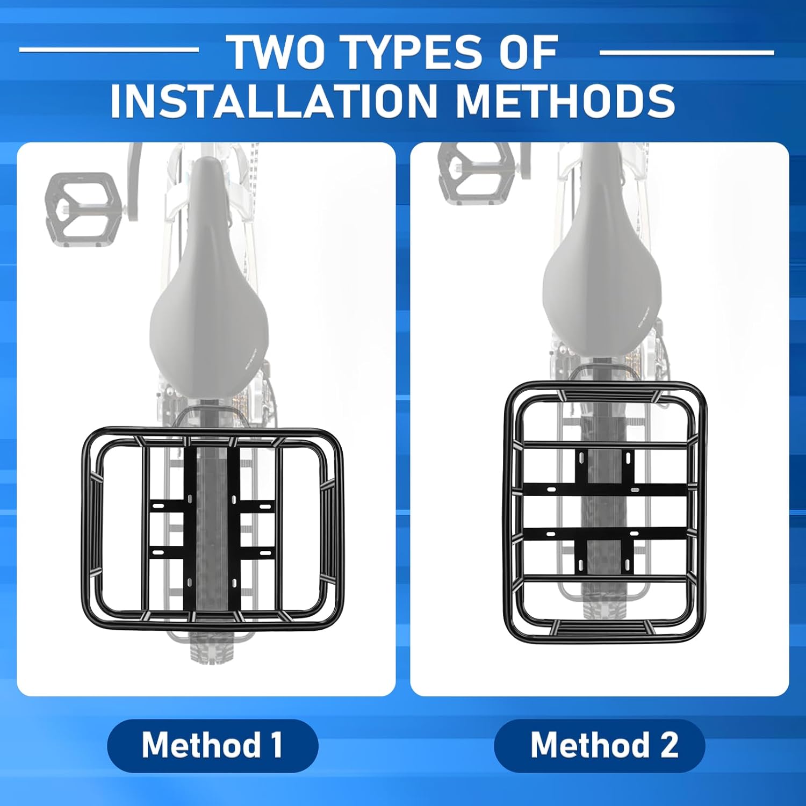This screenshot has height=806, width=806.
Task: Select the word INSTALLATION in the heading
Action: click(x=274, y=100)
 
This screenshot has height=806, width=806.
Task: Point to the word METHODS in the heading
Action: click(x=565, y=100)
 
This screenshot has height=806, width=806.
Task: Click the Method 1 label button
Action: click(x=213, y=745)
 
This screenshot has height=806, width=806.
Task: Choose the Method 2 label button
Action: click(x=599, y=745)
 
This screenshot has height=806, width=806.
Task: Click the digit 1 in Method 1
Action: click(x=276, y=745)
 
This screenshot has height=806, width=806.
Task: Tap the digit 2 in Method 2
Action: click(x=669, y=745)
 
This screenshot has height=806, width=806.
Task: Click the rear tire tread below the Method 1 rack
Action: click(x=212, y=650)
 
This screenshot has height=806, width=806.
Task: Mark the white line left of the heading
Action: click(x=109, y=50)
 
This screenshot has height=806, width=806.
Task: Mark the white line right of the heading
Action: click(x=687, y=53)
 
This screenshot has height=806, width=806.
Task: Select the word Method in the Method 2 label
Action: click(x=590, y=745)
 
